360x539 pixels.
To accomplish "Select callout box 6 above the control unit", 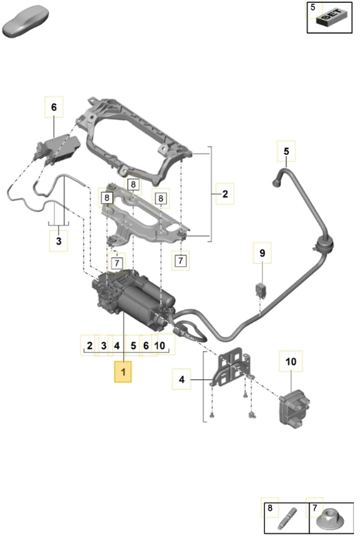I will (x=54, y=107).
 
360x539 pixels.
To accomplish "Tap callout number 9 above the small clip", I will (x=262, y=253).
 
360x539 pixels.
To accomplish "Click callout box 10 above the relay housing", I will (x=290, y=361).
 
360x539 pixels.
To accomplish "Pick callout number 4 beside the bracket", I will (x=182, y=380).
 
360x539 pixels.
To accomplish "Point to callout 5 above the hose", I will (x=286, y=152).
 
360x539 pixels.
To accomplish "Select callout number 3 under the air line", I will (x=59, y=241).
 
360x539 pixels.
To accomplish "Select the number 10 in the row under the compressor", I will (x=159, y=346).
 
